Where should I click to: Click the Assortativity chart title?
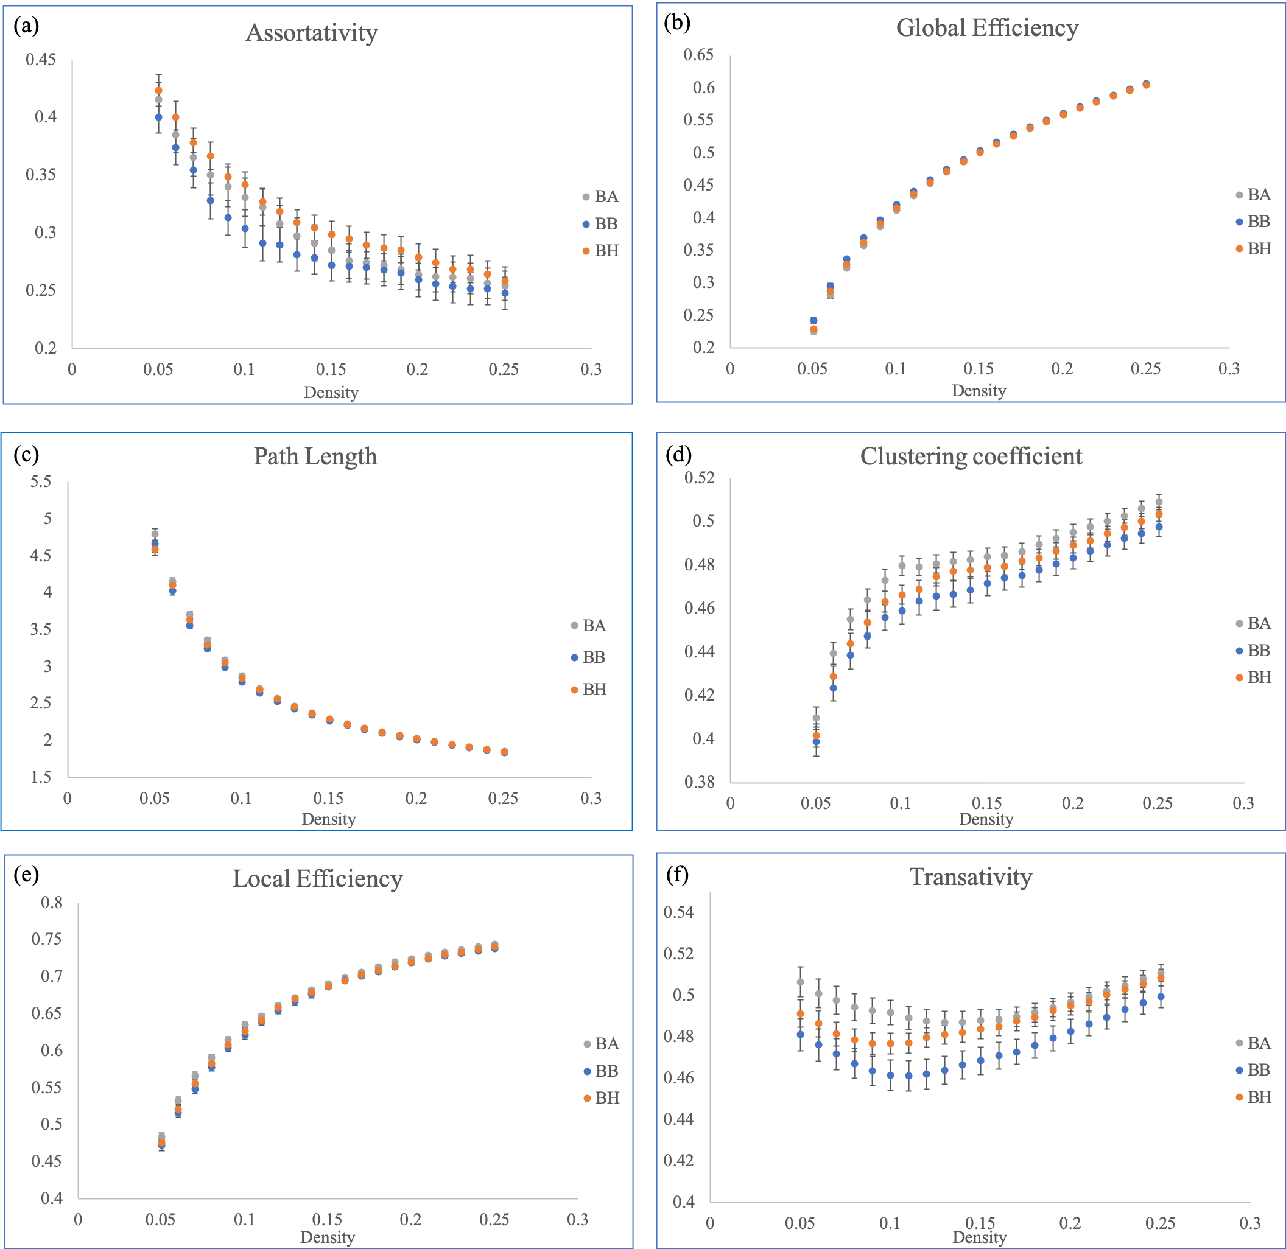(312, 33)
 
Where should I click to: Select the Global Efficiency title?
(987, 27)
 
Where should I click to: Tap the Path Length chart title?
(315, 456)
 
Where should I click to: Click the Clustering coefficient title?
(971, 456)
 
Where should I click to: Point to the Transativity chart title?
(971, 877)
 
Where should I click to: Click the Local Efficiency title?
(318, 878)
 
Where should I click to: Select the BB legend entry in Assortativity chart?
(600, 224)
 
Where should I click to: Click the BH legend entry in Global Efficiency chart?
(1254, 248)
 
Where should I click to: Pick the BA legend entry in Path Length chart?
(589, 625)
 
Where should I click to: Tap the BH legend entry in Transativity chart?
(1254, 1097)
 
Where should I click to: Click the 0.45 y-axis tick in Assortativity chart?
(41, 60)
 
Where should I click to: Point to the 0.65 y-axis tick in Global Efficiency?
(698, 54)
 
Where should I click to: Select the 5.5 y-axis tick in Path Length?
(41, 481)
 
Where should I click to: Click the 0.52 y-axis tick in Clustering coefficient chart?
(700, 478)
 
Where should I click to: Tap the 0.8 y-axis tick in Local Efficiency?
(52, 903)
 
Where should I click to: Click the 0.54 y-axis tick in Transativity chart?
(678, 912)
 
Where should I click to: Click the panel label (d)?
(678, 455)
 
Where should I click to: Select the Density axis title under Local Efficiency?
(328, 1237)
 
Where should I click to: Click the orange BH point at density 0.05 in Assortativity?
(158, 91)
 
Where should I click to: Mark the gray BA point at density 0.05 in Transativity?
(801, 982)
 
